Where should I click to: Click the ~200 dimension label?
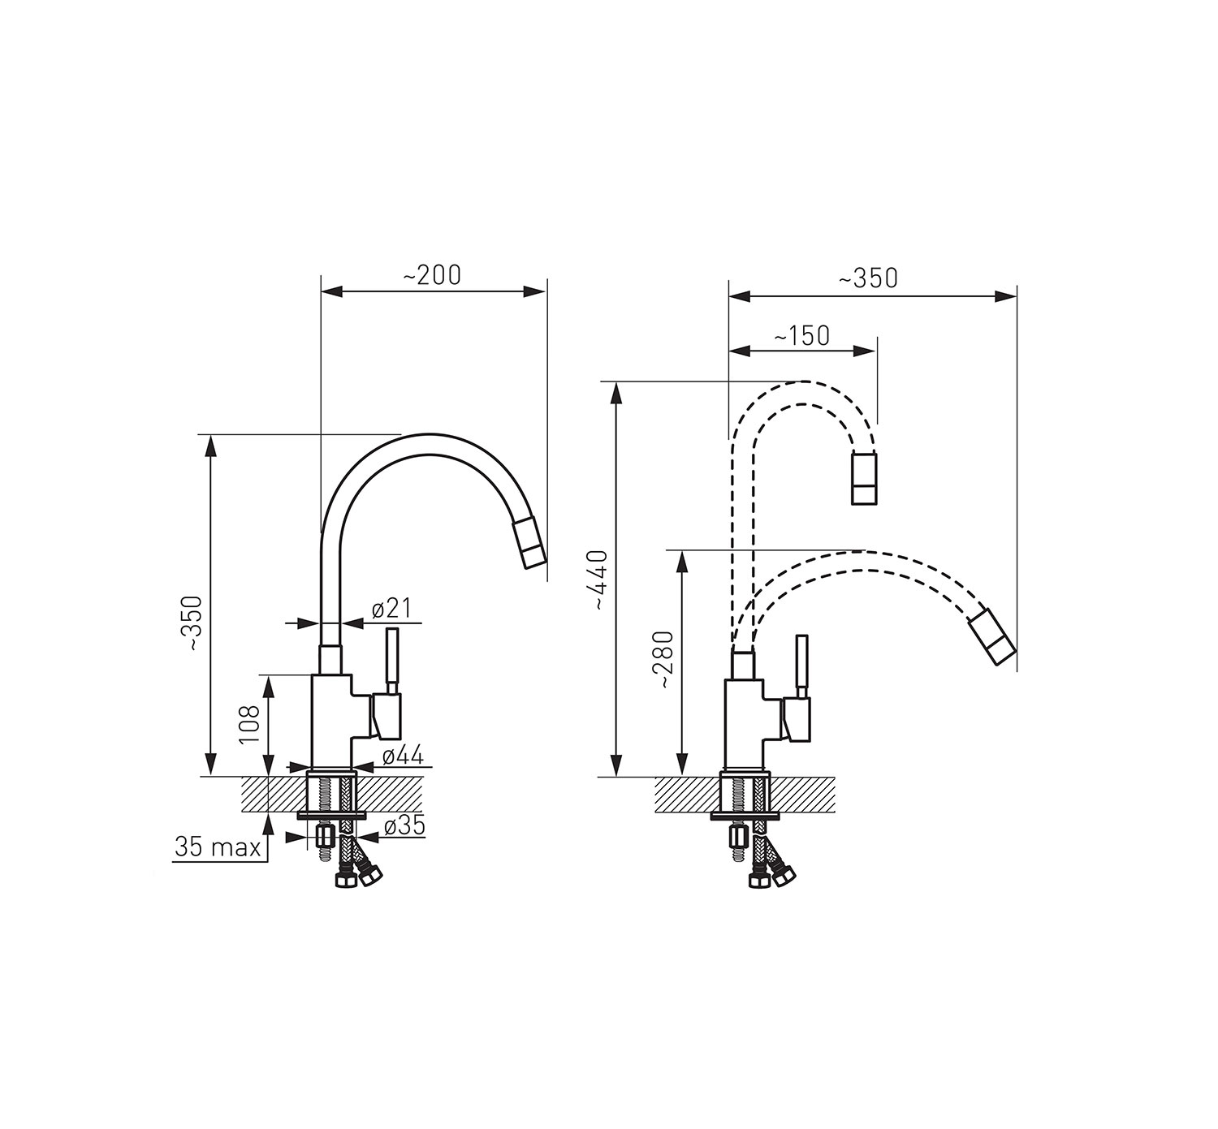point(432,275)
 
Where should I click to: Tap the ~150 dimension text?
point(802,335)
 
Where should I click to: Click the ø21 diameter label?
point(391,609)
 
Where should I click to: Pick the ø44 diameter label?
point(404,756)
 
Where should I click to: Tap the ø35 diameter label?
point(404,826)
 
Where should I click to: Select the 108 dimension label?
point(249,725)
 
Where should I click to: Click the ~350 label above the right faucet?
point(868,278)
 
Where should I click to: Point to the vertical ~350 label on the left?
point(194,623)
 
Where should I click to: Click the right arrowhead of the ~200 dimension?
point(534,292)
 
